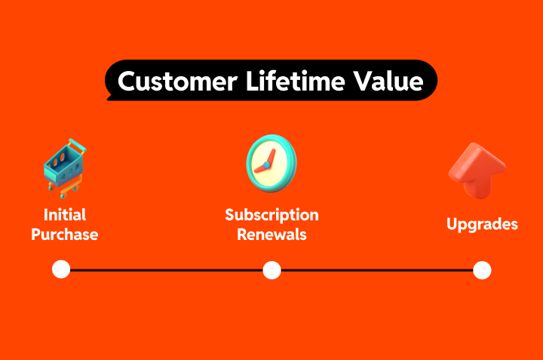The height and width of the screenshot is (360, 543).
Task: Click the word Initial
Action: pos(64,214)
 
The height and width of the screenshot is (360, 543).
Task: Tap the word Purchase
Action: pos(64,234)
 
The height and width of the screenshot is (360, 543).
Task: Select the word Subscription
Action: pos(271,214)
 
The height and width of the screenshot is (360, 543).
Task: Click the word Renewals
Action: pos(271,234)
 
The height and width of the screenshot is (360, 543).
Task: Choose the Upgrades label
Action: pos(482,224)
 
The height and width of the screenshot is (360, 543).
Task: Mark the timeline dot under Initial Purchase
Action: pos(61,269)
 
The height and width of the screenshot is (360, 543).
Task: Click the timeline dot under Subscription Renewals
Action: pos(271,269)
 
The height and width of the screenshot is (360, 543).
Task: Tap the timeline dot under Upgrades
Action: pos(482,269)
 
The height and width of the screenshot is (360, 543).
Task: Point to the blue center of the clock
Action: pos(266,165)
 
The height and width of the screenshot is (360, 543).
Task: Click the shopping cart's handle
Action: pos(74,143)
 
